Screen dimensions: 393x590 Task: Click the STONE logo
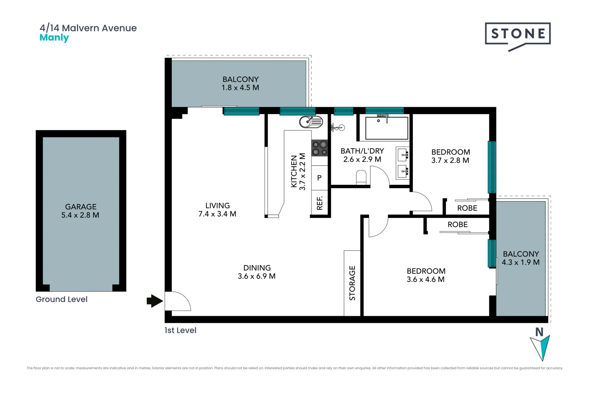tap(518, 34)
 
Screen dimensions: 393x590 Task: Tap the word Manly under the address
tap(54, 37)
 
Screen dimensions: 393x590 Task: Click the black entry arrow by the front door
tap(154, 301)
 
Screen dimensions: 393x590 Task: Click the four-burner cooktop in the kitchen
tap(319, 148)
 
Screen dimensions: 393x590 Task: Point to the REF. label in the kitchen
tap(319, 203)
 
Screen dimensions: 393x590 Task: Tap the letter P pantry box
tap(319, 178)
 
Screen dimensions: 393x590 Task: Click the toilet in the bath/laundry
tap(361, 178)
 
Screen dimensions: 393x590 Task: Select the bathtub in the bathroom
tap(386, 128)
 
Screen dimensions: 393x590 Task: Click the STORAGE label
tap(352, 283)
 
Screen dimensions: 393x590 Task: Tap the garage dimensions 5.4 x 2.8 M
tap(80, 215)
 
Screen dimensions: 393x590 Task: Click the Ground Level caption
tap(62, 299)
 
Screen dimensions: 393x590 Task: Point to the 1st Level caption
tap(180, 330)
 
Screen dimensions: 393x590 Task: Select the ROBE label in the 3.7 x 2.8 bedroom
tap(467, 208)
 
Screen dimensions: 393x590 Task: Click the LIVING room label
tap(217, 206)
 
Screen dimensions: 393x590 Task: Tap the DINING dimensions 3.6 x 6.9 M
tap(256, 276)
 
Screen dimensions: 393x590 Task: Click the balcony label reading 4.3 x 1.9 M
tap(520, 262)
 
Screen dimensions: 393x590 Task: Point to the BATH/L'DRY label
tap(362, 151)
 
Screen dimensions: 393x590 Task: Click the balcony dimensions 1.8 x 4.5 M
tap(240, 88)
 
